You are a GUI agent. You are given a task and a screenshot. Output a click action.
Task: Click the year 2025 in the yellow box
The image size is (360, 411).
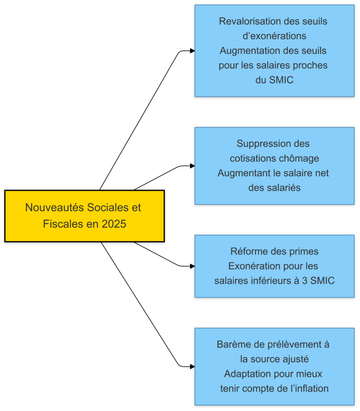(114, 224)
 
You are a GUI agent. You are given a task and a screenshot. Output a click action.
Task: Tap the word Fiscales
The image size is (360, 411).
(60, 224)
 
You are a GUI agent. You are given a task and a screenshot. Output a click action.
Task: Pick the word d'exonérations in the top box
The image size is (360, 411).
(274, 36)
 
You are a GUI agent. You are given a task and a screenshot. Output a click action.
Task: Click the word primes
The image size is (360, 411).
(304, 251)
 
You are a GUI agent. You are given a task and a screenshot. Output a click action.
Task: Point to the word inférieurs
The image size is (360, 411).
(267, 281)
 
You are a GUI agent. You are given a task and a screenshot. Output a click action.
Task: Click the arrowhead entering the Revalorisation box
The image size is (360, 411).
(192, 51)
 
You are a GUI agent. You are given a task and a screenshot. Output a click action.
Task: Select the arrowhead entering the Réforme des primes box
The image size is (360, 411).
(192, 266)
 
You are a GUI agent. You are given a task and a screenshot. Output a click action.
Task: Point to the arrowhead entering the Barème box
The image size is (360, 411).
(192, 366)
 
